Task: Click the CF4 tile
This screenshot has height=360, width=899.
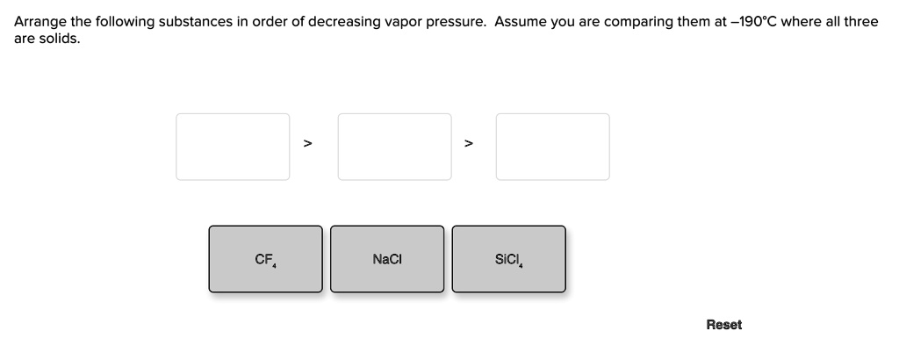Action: click(265, 259)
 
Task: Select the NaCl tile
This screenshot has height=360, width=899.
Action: click(387, 259)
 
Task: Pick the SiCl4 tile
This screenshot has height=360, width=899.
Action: click(508, 259)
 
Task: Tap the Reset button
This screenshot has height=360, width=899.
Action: click(723, 325)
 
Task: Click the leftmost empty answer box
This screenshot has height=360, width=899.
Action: click(233, 147)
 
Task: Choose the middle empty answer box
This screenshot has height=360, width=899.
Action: click(394, 147)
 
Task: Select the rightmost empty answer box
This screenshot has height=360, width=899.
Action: click(553, 147)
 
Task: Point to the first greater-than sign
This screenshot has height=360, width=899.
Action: click(308, 143)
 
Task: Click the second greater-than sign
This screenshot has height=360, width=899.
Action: click(469, 143)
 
